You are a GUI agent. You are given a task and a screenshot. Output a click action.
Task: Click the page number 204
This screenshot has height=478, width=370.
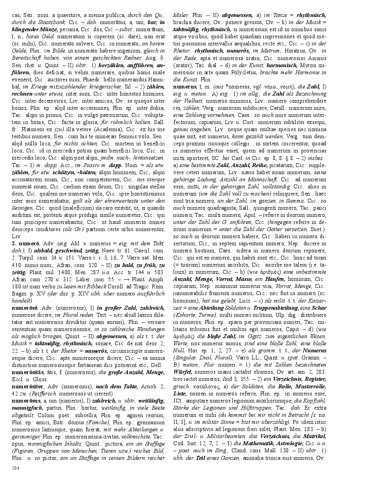[x=15, y=468]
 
